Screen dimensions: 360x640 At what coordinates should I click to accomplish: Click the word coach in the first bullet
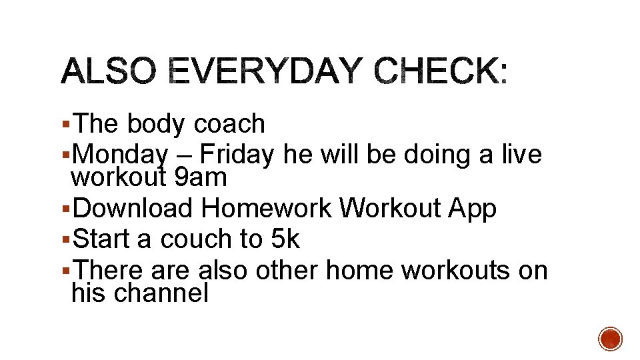229,124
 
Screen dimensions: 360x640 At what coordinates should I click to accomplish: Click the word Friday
237,155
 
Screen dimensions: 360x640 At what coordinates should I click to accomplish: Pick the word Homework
267,209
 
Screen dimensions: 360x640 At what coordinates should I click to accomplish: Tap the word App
473,209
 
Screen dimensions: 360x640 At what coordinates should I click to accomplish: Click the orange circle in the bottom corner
610,339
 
